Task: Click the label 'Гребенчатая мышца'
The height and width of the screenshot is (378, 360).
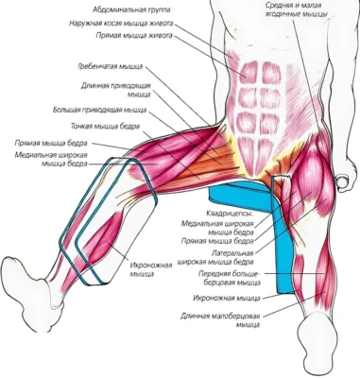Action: (x=111, y=67)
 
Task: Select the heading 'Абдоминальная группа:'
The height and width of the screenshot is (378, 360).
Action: (x=132, y=10)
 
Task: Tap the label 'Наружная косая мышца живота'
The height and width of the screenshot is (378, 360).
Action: (x=121, y=24)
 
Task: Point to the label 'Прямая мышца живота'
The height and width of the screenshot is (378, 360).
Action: (x=134, y=36)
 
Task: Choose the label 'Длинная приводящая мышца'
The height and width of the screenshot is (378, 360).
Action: (x=116, y=90)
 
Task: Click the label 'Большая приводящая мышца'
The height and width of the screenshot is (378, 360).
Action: (x=99, y=110)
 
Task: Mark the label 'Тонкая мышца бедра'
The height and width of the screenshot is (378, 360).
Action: (x=105, y=127)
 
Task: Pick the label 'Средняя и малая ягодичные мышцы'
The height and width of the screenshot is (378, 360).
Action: (x=296, y=9)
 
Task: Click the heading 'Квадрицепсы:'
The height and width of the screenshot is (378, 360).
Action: (x=230, y=214)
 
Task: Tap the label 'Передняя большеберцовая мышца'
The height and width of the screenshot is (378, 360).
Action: (x=230, y=278)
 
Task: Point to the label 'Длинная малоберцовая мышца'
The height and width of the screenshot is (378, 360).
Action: (x=220, y=320)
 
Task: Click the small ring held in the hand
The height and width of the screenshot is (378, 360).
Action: (x=342, y=181)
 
